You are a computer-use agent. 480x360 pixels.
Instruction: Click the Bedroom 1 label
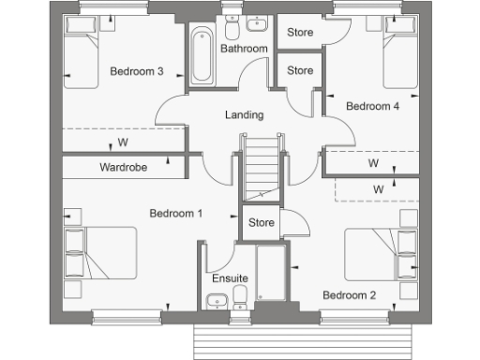tap(176, 214)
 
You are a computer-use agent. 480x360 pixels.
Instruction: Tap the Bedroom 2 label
tap(349, 295)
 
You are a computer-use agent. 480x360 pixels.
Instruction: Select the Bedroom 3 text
tap(137, 71)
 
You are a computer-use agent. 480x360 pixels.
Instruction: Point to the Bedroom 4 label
tap(373, 107)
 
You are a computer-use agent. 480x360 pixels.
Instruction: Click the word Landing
tap(244, 116)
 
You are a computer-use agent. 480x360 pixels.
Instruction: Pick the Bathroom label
tap(244, 49)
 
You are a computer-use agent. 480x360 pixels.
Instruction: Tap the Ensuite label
tap(229, 278)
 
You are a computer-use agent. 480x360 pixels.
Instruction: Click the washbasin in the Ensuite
tap(217, 300)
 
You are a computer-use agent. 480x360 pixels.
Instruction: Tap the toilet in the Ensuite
tap(241, 298)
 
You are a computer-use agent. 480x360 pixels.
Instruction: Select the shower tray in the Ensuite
tap(270, 274)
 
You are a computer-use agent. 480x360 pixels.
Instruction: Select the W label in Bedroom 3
tap(122, 143)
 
